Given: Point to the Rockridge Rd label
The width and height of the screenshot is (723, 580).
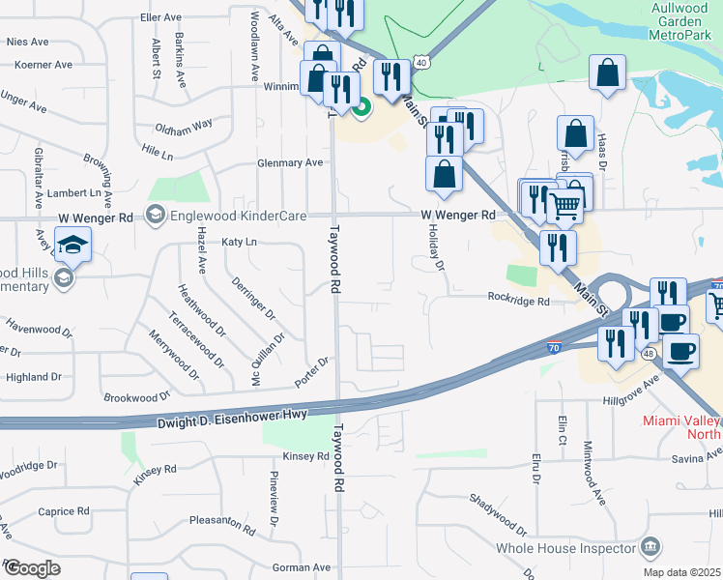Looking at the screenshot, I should pyautogui.click(x=518, y=301).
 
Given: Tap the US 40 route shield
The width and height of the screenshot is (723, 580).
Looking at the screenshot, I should pyautogui.click(x=421, y=61).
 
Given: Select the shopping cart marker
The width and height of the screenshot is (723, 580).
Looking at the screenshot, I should pyautogui.click(x=564, y=205).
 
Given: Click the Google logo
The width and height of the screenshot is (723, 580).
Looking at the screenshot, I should pyautogui.click(x=31, y=567).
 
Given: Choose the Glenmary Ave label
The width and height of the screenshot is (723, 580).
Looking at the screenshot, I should pyautogui.click(x=290, y=162).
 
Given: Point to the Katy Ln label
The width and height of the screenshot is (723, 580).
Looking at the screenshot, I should pyautogui.click(x=240, y=242).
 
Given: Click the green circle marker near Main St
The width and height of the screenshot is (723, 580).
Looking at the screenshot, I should pyautogui.click(x=361, y=107).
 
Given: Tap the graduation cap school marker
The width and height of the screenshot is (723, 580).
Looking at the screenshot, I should pyautogui.click(x=73, y=246).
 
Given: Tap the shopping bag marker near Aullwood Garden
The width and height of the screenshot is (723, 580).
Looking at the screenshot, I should pyautogui.click(x=607, y=72).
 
